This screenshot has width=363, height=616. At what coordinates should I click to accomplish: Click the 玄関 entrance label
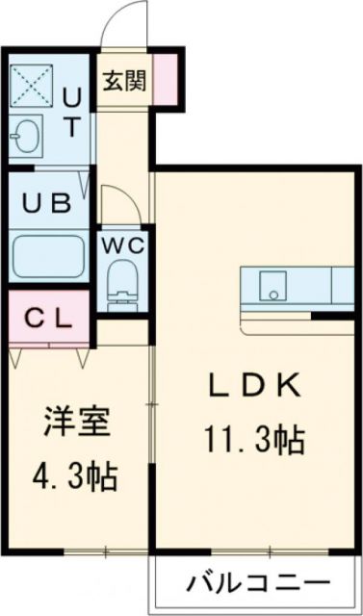127,82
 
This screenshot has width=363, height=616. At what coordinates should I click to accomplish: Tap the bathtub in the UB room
48,255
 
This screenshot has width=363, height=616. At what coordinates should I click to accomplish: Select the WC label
123,244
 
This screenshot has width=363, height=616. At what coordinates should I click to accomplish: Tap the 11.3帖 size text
256,443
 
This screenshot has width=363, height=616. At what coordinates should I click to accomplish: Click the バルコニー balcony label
257,583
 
